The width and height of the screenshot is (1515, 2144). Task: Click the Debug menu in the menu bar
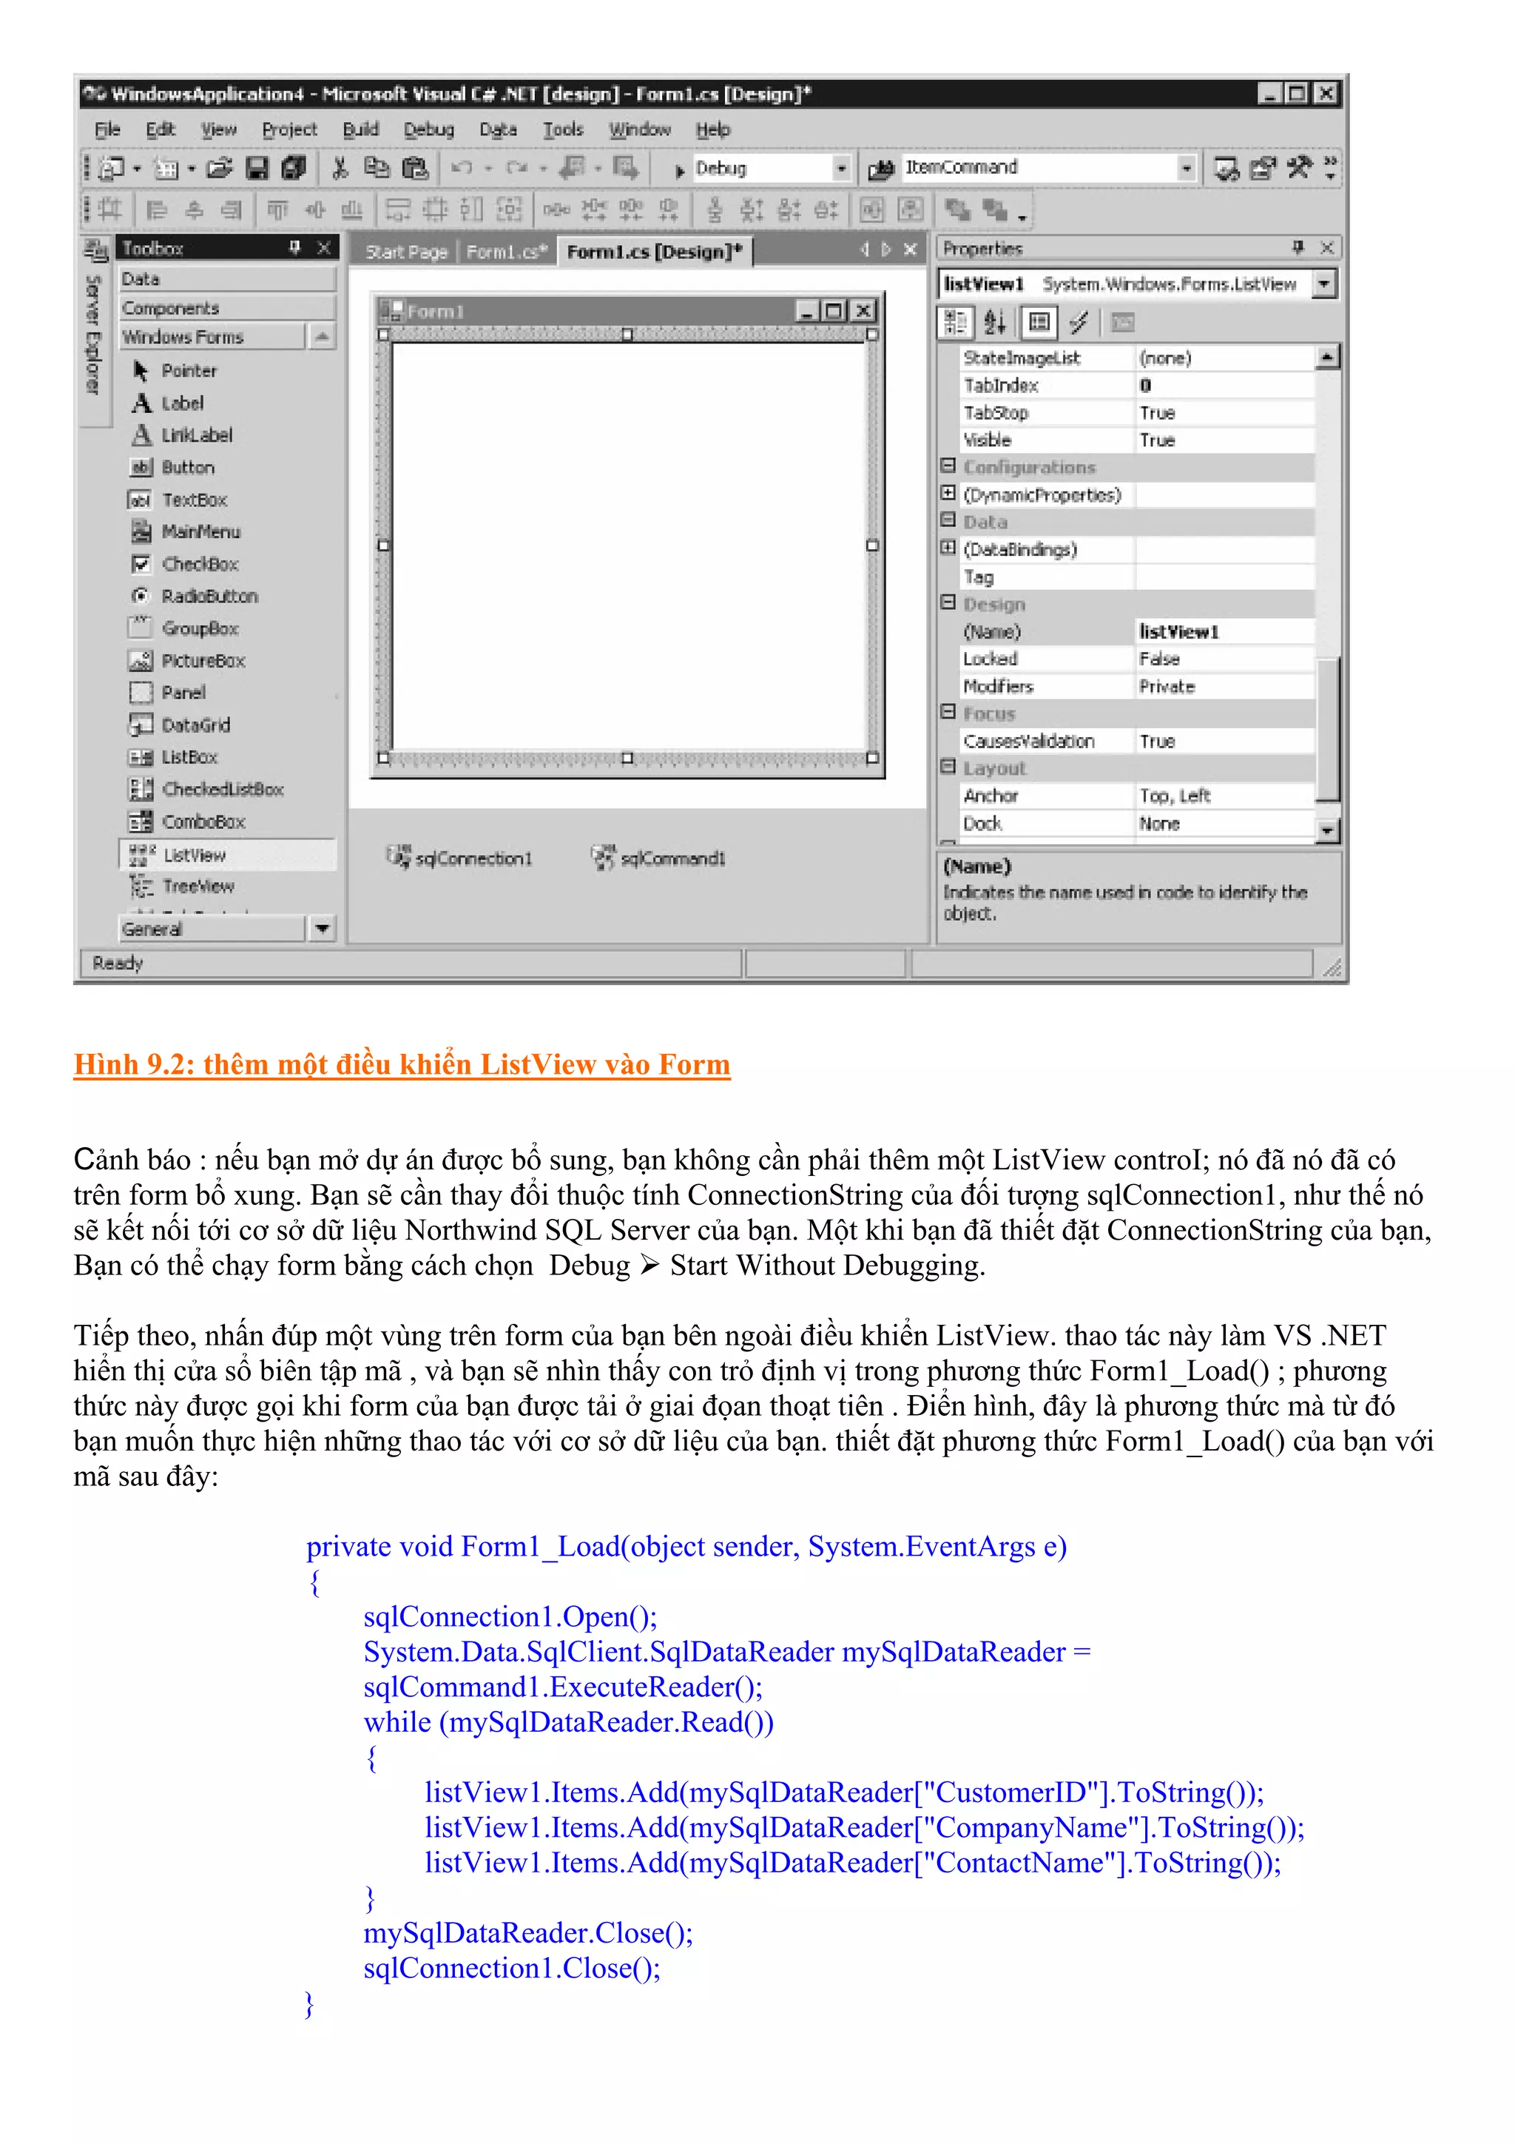428,130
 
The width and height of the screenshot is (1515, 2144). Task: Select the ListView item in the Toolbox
194,856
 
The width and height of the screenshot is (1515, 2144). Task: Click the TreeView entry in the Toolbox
198,886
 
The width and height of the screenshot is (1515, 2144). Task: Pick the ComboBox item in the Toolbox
203,821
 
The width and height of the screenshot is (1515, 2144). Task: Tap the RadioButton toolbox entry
209,596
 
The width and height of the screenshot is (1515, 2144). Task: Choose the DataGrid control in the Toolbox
195,725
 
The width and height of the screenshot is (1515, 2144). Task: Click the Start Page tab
406,251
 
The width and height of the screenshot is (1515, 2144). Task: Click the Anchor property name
991,796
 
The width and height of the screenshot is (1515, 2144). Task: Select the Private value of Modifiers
1167,686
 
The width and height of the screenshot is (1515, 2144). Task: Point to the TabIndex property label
1001,386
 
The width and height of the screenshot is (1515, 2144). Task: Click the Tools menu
563,130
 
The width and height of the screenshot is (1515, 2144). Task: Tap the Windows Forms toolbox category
183,337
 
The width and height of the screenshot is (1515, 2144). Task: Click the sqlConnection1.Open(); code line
510,1616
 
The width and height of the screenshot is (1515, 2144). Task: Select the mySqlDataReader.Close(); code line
528,1933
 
